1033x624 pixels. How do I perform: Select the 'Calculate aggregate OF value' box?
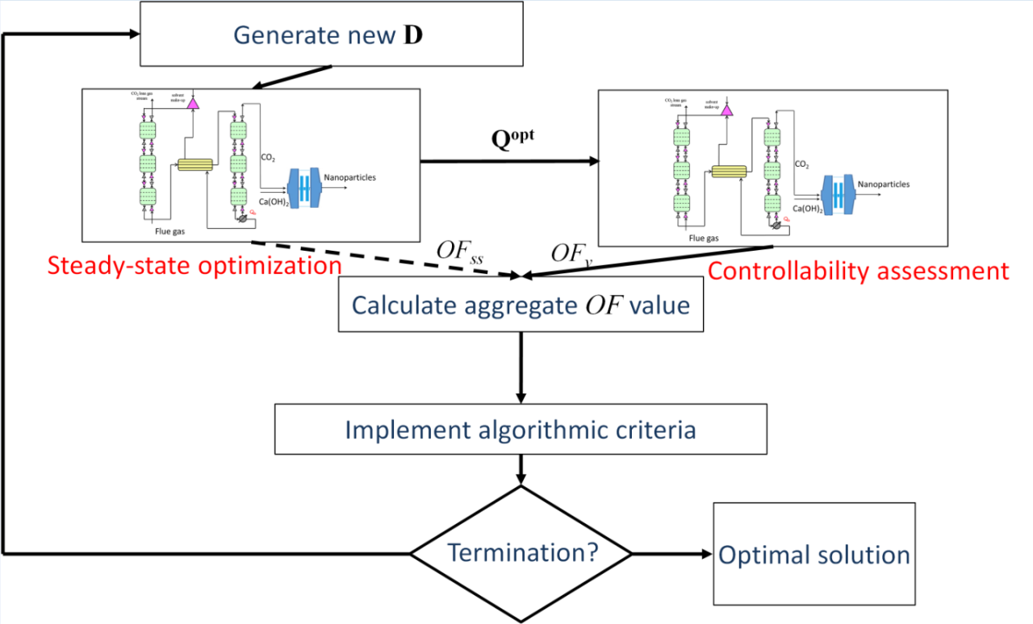(521, 306)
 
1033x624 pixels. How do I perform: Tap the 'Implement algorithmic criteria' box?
(521, 429)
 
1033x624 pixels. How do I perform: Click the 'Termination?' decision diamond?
(521, 554)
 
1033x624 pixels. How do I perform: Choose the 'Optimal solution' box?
(814, 555)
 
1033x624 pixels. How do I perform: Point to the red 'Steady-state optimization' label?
(194, 265)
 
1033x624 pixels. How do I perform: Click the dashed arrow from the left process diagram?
(387, 260)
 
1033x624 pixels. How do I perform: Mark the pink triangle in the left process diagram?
(192, 102)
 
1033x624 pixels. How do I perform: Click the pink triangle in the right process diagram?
(726, 109)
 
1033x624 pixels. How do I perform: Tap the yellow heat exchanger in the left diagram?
(194, 164)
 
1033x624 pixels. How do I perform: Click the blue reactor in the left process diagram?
(304, 187)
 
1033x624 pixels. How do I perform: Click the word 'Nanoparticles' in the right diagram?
(883, 185)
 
